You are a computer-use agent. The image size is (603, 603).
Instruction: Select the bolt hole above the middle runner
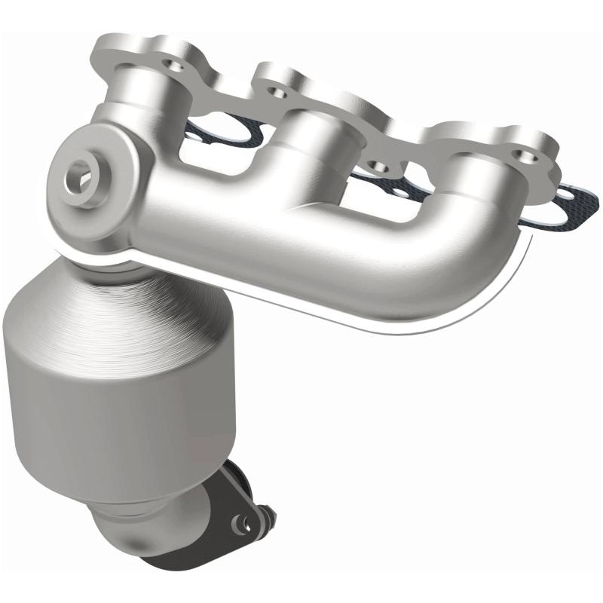pos(280,93)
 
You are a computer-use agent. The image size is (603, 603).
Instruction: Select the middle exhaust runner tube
pos(301,143)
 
